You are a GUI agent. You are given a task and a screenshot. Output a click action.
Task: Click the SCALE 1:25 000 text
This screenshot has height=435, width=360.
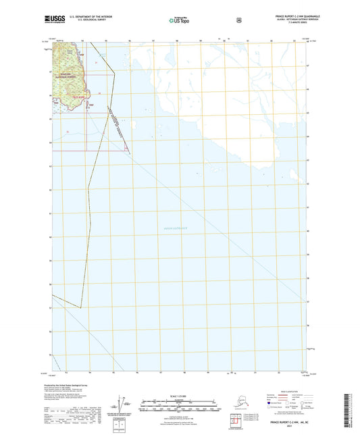pyautogui.click(x=179, y=396)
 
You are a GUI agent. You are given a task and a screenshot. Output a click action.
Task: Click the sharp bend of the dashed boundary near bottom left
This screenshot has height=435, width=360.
pyautogui.click(x=80, y=307)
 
